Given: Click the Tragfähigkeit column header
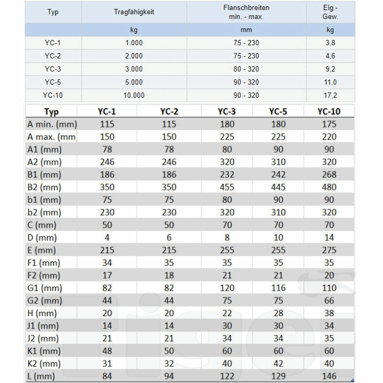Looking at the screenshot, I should (x=133, y=12).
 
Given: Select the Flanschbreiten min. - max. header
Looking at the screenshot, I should (x=246, y=12).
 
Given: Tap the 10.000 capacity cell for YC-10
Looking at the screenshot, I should (x=133, y=96).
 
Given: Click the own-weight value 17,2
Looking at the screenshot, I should (x=330, y=96).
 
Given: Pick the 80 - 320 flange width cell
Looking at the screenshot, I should (x=246, y=69).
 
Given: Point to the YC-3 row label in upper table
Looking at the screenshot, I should (x=52, y=69).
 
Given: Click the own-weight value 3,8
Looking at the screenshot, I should (x=330, y=43).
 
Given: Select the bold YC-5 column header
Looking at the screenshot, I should (x=278, y=112).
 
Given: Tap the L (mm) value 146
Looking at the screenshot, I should (x=329, y=376).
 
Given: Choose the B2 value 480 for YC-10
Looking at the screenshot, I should (x=329, y=187).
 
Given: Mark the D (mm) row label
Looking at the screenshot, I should (x=42, y=238).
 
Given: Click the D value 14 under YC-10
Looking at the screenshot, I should (x=329, y=238).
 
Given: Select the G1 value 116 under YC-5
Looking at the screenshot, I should (x=278, y=288).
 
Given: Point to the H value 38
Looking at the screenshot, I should (x=329, y=313).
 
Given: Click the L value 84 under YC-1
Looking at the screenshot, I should (x=106, y=376).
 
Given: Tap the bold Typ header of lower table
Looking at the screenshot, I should (x=51, y=112).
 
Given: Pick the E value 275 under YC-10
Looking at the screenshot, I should (x=329, y=250).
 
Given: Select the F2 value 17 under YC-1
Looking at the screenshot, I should (x=106, y=275).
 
